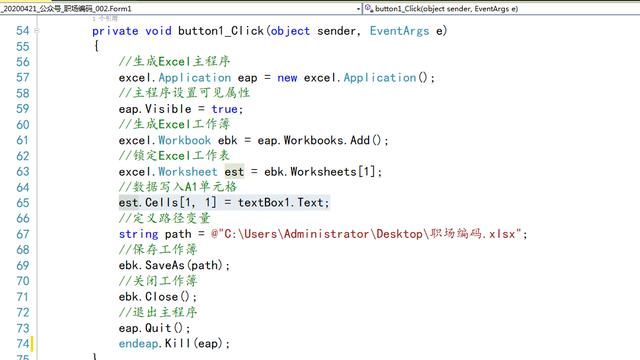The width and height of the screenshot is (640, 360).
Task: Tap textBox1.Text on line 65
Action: click(290, 203)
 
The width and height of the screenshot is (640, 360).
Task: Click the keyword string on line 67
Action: click(138, 234)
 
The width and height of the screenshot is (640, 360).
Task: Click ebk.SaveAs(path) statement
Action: click(174, 265)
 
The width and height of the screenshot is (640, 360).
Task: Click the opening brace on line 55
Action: click(96, 47)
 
